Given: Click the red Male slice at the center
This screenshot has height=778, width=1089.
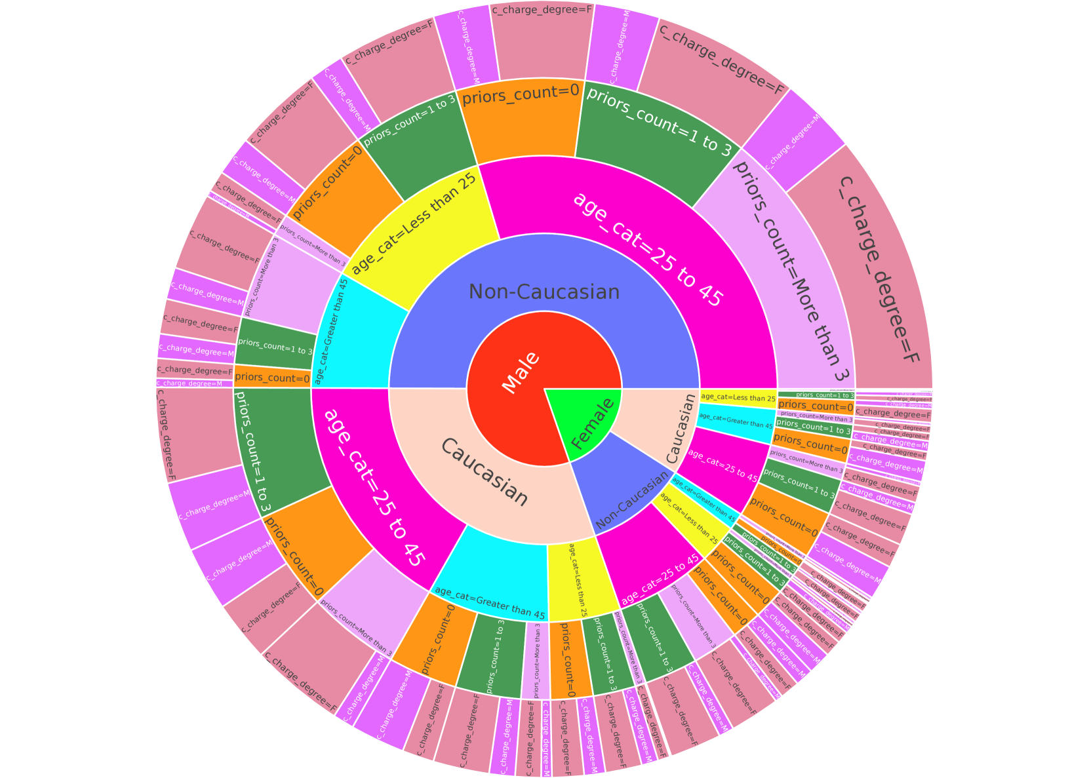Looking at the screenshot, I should [x=518, y=374].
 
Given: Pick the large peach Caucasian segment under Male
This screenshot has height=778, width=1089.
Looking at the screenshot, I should [x=485, y=472].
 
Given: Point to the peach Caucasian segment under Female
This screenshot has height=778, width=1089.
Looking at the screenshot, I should [x=662, y=426].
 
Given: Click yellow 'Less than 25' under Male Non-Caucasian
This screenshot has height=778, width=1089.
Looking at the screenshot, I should [x=420, y=236].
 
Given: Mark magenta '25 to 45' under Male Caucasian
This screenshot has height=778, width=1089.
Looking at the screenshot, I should [x=374, y=478].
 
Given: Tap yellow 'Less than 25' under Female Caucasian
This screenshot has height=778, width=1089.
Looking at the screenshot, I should [x=738, y=398].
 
